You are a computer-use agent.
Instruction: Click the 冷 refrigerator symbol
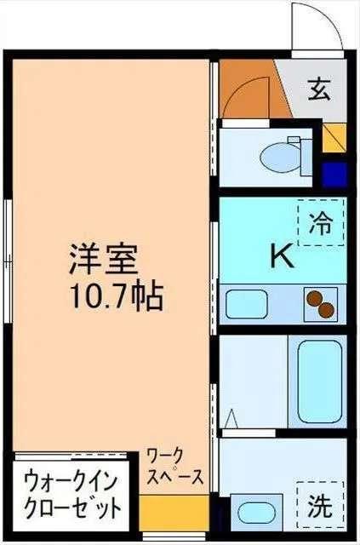click(321, 223)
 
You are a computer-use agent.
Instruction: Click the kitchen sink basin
click(244, 304)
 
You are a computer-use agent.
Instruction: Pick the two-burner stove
click(320, 304)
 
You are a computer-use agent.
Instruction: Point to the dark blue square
click(335, 175)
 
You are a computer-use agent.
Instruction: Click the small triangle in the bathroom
click(231, 419)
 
